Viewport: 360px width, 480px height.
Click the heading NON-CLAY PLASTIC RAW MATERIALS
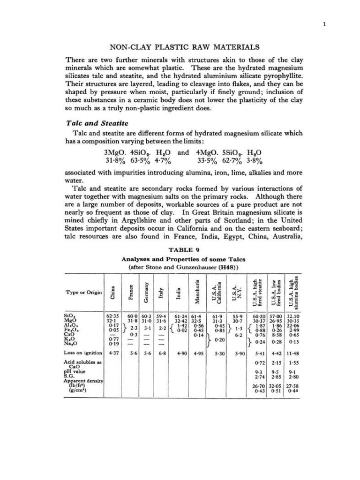coord(184,47)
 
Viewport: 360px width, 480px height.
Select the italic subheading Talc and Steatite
coord(96,123)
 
